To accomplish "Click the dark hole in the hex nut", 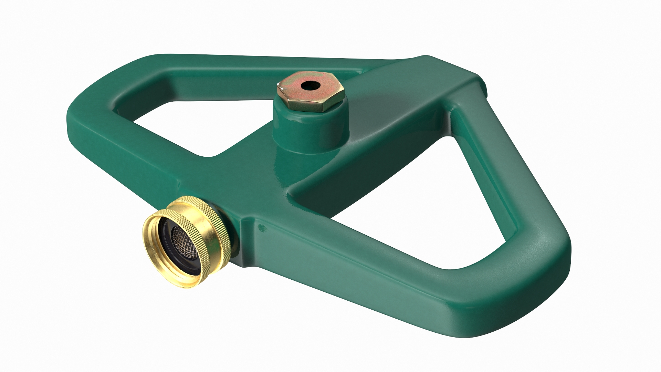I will tap(305, 85).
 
